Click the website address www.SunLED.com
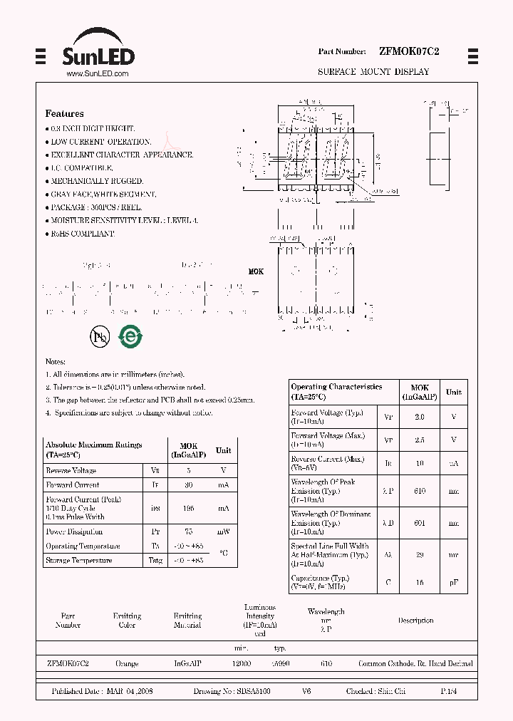coord(97,73)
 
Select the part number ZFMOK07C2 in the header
coord(409,52)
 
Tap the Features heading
coord(64,113)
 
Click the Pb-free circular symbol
coord(100,336)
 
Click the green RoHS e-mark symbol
coord(130,336)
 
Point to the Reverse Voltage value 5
coord(188,470)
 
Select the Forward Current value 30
coord(188,484)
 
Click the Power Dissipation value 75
coord(188,531)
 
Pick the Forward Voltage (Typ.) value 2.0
coord(420,417)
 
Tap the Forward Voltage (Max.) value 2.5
coord(420,440)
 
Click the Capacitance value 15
coord(420,582)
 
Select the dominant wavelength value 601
coord(420,523)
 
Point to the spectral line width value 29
coord(420,554)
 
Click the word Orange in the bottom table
coord(127,663)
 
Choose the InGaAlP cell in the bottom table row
coord(187,663)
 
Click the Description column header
coord(415,621)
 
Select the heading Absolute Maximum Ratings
coord(93,445)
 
